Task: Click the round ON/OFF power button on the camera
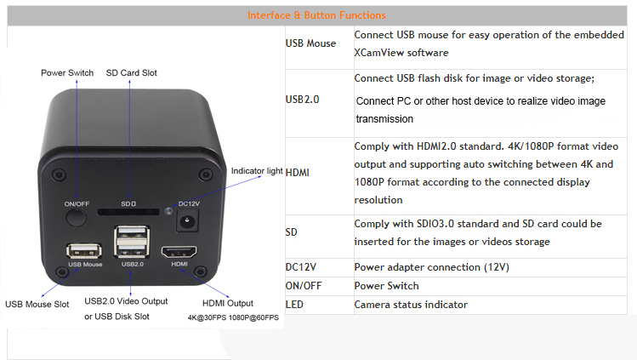pos(77,218)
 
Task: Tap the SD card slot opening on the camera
pos(128,212)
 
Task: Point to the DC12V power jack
pos(187,222)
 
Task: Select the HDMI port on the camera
pos(179,252)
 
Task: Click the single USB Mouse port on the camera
pos(84,251)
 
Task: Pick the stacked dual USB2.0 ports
pos(132,243)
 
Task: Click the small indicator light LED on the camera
pos(168,211)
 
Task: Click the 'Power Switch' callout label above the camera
pos(67,72)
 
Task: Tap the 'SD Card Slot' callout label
pos(131,72)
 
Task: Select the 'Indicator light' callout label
pos(257,171)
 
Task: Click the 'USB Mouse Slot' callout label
pos(37,304)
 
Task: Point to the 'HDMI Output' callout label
pos(228,303)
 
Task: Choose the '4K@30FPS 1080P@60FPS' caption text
pos(233,317)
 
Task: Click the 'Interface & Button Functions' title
pos(316,15)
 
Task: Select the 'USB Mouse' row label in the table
pos(310,43)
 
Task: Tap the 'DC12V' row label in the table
pos(300,267)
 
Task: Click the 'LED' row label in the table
pos(294,305)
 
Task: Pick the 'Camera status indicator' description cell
pos(411,305)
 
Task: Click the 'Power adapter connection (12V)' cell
pos(431,267)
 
